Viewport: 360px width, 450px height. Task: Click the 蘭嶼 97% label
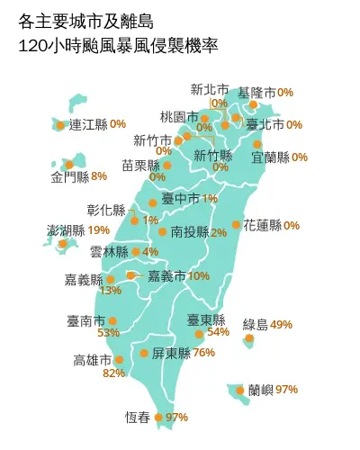(274, 390)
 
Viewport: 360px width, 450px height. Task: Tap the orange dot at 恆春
(159, 418)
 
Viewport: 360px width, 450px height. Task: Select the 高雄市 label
(93, 360)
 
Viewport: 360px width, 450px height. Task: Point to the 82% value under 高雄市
(114, 373)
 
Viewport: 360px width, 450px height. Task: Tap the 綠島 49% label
(268, 324)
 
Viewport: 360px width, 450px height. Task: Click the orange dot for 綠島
(248, 338)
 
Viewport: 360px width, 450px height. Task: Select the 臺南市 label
(85, 320)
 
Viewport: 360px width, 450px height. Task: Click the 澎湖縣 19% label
(79, 230)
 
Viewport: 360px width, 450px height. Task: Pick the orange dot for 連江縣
(60, 125)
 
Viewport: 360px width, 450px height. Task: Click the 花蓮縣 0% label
(272, 225)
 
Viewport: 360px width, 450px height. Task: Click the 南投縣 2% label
(198, 231)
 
